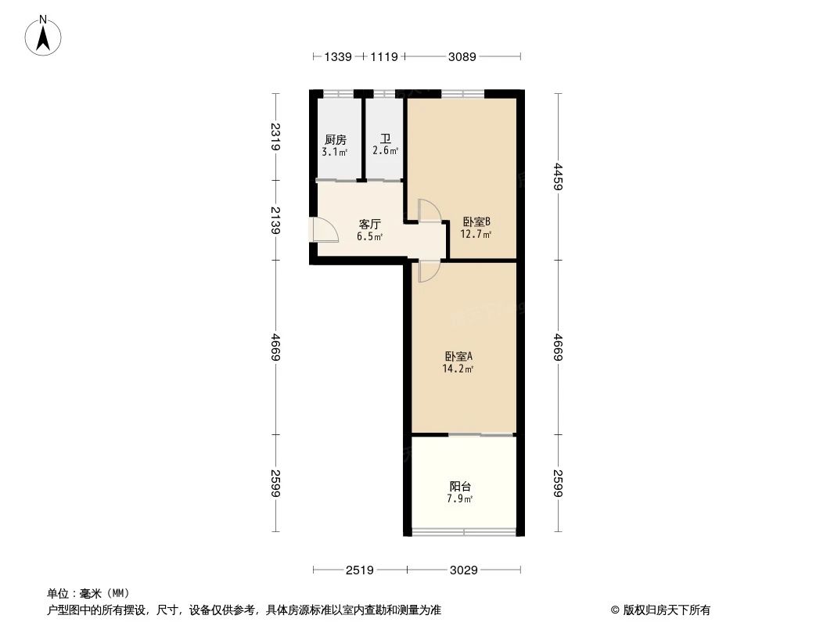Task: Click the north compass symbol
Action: (x=44, y=35)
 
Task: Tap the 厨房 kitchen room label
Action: (x=335, y=140)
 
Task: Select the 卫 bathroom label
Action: (x=385, y=139)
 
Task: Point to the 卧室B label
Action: (x=476, y=221)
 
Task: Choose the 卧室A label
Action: (x=459, y=356)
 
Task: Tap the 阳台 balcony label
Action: (x=459, y=486)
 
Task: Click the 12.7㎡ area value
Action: (x=476, y=232)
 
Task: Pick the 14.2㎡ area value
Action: (x=459, y=368)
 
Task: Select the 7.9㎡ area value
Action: (x=459, y=498)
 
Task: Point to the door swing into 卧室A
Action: (x=429, y=270)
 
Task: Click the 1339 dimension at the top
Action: (x=338, y=56)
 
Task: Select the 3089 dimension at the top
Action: (x=462, y=56)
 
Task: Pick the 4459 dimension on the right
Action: (x=557, y=181)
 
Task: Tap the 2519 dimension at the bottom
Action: (x=359, y=570)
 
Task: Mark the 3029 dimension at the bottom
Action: (x=464, y=570)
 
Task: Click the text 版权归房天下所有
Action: (x=666, y=610)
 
